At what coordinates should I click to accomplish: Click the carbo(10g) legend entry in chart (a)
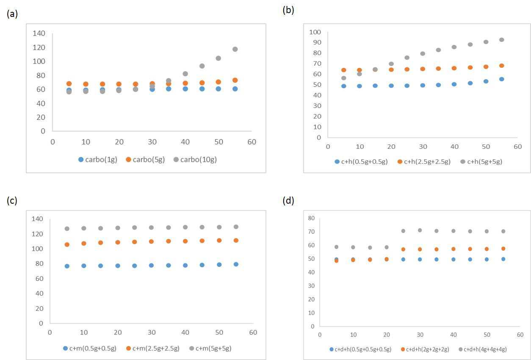pyautogui.click(x=195, y=160)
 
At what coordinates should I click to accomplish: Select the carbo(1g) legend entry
pyautogui.click(x=98, y=160)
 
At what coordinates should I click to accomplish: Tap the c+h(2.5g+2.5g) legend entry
pyautogui.click(x=424, y=161)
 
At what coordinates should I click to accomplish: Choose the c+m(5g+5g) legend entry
pyautogui.click(x=210, y=348)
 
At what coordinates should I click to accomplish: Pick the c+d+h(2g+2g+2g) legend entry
pyautogui.click(x=425, y=349)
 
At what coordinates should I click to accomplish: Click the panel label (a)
pyautogui.click(x=12, y=14)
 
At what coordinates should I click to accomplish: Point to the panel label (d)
pyautogui.click(x=288, y=201)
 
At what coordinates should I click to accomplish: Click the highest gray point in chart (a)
pyautogui.click(x=235, y=49)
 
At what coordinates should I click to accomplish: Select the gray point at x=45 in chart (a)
pyautogui.click(x=202, y=66)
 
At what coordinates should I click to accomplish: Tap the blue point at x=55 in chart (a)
pyautogui.click(x=235, y=89)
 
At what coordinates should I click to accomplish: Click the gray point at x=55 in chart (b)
pyautogui.click(x=502, y=40)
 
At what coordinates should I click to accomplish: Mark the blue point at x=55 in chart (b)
pyautogui.click(x=502, y=79)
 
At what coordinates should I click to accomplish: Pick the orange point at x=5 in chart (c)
pyautogui.click(x=67, y=244)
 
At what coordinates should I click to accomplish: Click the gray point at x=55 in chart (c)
pyautogui.click(x=236, y=227)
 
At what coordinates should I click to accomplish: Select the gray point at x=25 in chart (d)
pyautogui.click(x=403, y=231)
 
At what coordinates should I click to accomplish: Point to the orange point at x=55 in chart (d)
pyautogui.click(x=503, y=249)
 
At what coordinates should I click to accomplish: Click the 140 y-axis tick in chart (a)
pyautogui.click(x=39, y=33)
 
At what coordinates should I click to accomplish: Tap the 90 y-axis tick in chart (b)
pyautogui.click(x=317, y=42)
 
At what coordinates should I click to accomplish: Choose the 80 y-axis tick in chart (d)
pyautogui.click(x=311, y=218)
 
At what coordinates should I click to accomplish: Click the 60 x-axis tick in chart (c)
pyautogui.click(x=253, y=332)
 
